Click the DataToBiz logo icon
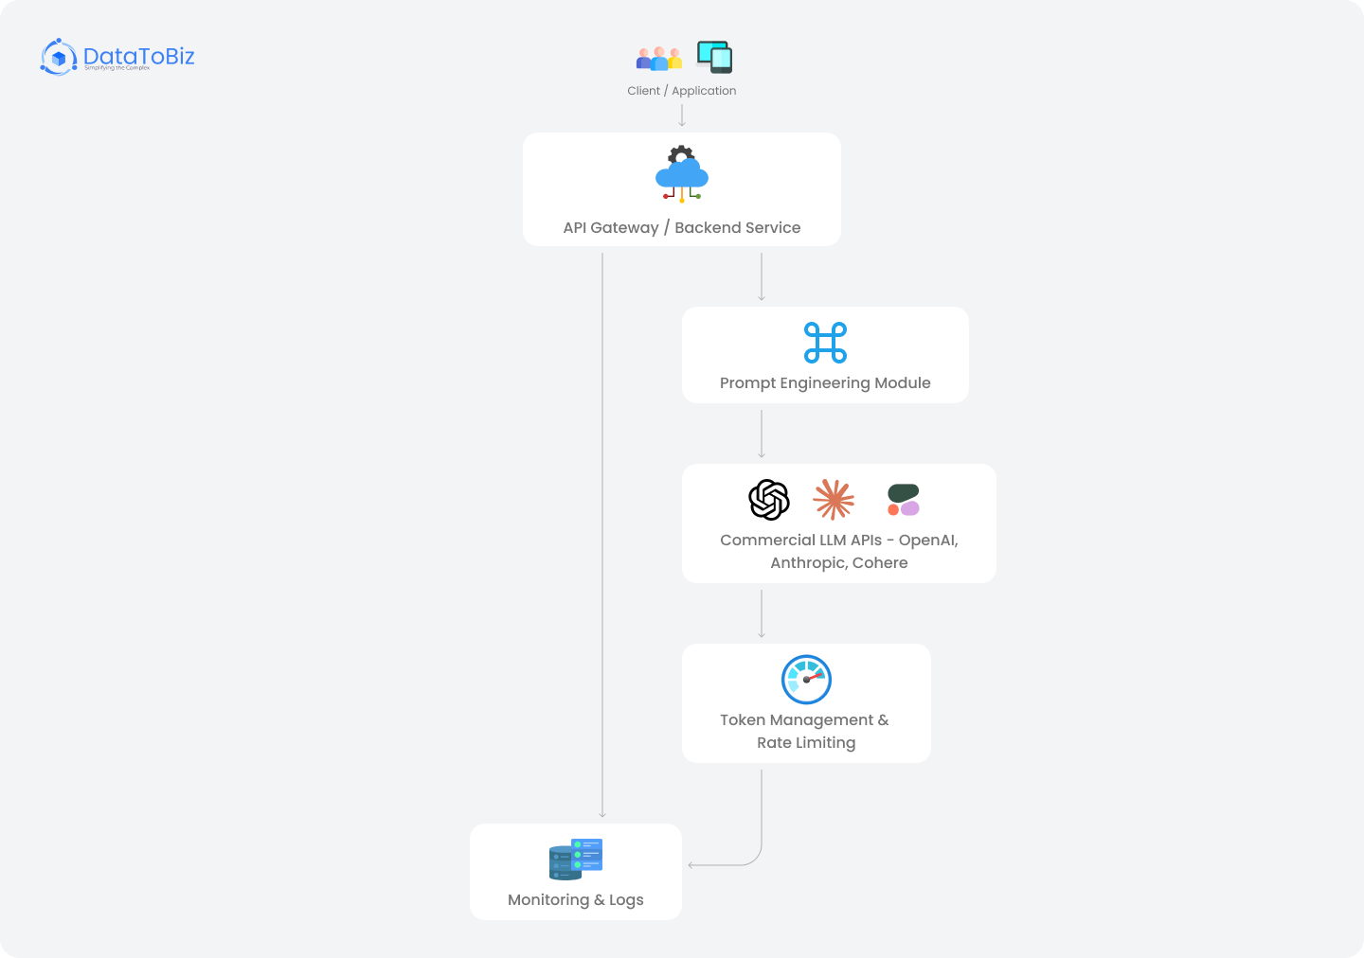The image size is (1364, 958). click(59, 58)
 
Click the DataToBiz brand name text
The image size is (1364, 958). click(138, 56)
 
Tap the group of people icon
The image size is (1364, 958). click(658, 59)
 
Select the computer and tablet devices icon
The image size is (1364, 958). click(714, 57)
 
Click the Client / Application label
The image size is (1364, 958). click(681, 91)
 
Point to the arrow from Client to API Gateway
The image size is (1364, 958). click(682, 115)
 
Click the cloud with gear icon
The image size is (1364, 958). click(682, 173)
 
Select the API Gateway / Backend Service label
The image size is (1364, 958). click(681, 228)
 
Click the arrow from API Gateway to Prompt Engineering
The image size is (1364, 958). click(762, 276)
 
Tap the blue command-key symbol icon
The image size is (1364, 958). click(825, 343)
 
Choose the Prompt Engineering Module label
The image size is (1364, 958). click(825, 383)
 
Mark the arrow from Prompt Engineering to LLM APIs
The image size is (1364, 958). click(762, 434)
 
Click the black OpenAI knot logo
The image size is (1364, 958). click(769, 500)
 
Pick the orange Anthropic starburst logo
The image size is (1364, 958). click(834, 499)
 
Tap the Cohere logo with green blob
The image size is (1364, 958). click(903, 500)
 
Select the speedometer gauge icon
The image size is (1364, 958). click(806, 680)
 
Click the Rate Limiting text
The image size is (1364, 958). click(806, 743)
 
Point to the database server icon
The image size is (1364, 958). click(576, 859)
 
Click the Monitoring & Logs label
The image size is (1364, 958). click(576, 900)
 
